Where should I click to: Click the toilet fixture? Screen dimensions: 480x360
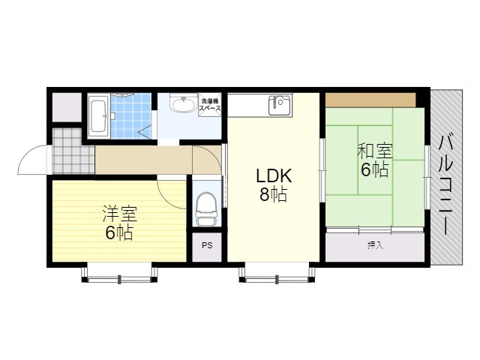coord(206,208)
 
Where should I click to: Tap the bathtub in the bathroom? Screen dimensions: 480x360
coord(98,116)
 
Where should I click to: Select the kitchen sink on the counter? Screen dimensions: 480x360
coord(279,105)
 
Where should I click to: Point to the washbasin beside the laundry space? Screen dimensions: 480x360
coord(183,105)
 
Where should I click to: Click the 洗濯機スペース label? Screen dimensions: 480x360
coord(210,104)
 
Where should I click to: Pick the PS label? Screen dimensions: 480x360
coord(207,245)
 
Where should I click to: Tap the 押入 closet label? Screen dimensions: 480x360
coord(375,245)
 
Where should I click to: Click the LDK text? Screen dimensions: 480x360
coord(274,176)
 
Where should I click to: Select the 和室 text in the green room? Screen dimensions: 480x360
coord(375,151)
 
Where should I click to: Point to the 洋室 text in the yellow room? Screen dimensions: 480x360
coord(120,214)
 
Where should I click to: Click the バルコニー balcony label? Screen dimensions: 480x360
coord(445,185)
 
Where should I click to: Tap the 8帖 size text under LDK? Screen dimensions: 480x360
coord(273,194)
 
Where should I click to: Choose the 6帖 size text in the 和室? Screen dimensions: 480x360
coord(375,169)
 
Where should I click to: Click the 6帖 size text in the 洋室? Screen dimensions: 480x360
coord(119,232)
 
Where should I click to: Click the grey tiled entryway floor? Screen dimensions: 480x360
coord(73,151)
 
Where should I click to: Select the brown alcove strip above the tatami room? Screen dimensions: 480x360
coord(370,100)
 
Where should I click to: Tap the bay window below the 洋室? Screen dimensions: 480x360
coord(119,272)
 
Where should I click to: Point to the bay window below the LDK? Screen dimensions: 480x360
coord(277,272)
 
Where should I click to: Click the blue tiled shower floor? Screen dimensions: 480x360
coord(131,116)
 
